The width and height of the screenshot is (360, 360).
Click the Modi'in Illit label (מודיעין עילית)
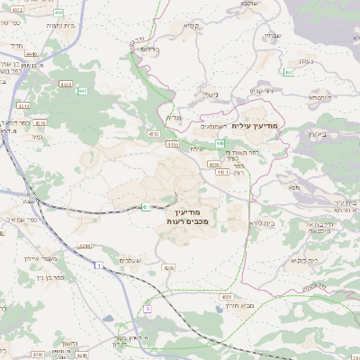256,126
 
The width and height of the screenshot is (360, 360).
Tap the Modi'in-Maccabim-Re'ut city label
187,215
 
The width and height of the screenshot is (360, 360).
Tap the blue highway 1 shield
96,265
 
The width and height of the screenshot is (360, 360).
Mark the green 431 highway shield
145,208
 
